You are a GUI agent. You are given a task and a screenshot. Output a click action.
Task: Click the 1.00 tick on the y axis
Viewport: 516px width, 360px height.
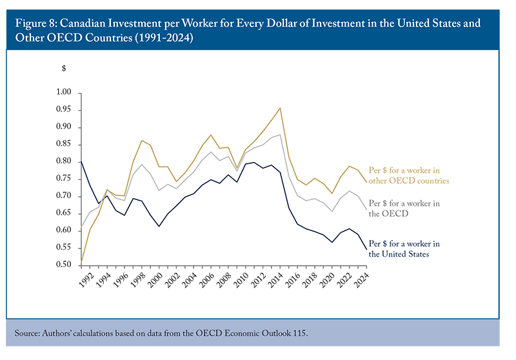pos(63,92)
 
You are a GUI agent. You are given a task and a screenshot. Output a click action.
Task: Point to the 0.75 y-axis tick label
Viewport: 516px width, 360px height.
pos(63,178)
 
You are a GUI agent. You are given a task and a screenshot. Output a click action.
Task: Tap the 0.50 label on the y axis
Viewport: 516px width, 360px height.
pos(63,265)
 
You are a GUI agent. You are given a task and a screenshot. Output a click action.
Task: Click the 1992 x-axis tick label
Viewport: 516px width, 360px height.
pos(86,281)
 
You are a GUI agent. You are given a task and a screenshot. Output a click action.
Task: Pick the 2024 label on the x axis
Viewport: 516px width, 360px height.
pos(361,281)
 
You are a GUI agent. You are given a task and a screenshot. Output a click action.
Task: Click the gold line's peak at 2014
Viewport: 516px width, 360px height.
pos(280,108)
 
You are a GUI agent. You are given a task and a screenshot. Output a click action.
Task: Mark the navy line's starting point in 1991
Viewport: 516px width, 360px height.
pos(81,161)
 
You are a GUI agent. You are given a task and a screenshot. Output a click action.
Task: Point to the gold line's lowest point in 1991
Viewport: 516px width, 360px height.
pos(81,263)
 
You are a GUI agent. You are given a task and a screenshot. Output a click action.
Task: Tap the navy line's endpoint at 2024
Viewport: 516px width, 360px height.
pos(366,250)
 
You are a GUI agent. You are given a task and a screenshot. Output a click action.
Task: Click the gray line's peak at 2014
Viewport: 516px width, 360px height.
pos(280,135)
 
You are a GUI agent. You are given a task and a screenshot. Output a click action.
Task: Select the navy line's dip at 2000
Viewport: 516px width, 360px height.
pos(159,226)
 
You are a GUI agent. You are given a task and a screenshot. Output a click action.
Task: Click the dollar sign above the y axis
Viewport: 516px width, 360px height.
pos(64,68)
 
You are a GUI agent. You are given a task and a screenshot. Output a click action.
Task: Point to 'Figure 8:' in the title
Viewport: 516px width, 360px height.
pos(36,23)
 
